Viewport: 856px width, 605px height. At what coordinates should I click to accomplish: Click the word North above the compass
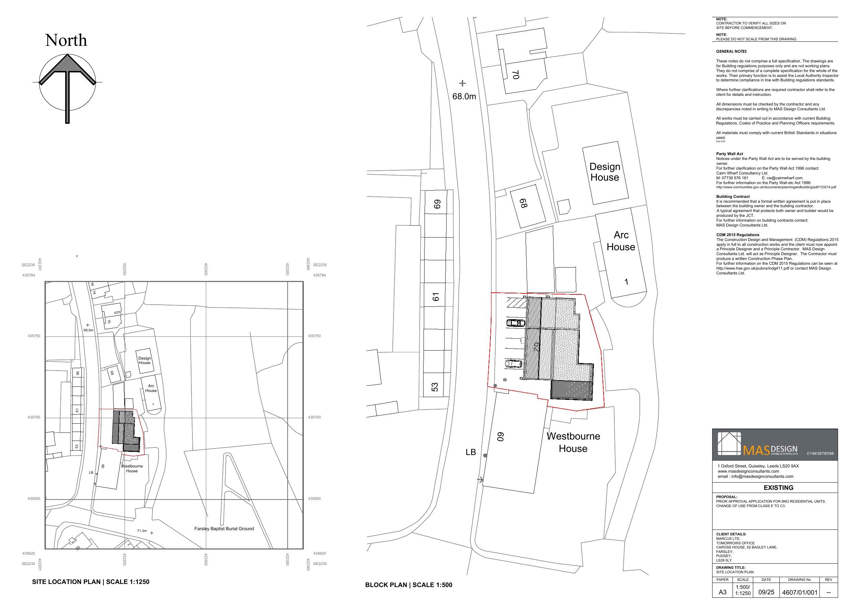click(66, 40)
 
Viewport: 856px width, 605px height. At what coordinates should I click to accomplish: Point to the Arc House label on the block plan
click(621, 241)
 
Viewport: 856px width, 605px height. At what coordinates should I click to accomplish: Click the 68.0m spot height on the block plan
click(464, 96)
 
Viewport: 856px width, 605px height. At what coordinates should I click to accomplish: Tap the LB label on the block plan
click(470, 452)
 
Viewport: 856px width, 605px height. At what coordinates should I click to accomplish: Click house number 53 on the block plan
click(435, 387)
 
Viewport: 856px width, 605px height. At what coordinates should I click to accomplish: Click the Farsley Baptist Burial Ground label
click(224, 528)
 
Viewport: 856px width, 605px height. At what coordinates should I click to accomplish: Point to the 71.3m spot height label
click(142, 531)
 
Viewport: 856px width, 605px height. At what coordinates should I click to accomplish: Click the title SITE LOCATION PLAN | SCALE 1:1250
click(91, 582)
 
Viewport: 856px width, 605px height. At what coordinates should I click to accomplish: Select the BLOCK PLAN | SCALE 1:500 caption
click(409, 585)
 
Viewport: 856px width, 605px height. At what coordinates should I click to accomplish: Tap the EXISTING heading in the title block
click(778, 487)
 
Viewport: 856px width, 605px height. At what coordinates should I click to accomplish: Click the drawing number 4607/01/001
click(800, 592)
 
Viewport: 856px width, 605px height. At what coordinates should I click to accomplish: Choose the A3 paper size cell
click(723, 592)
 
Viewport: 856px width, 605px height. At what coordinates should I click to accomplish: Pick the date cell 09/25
click(766, 592)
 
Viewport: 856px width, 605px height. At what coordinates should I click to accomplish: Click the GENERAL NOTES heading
click(731, 51)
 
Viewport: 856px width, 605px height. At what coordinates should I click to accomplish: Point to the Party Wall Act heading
click(729, 154)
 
